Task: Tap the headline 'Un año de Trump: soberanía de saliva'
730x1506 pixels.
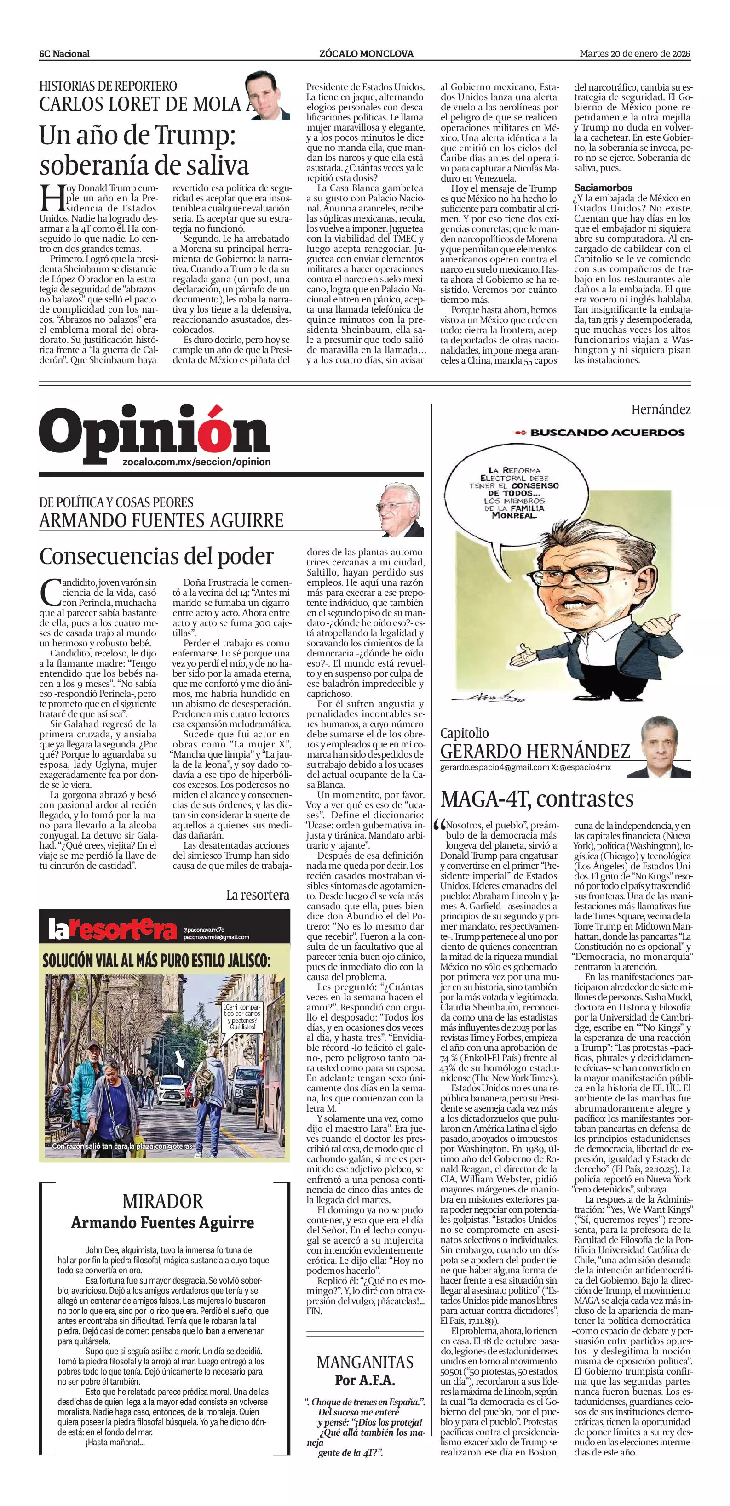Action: coord(144,151)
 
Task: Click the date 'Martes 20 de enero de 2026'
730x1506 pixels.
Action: coord(635,53)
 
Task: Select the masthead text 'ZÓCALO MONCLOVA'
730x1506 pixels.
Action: coord(366,54)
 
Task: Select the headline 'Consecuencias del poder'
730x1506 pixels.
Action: coord(156,556)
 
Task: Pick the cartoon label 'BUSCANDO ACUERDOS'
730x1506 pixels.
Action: coord(607,433)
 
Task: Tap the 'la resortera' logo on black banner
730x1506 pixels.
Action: coord(112,930)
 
